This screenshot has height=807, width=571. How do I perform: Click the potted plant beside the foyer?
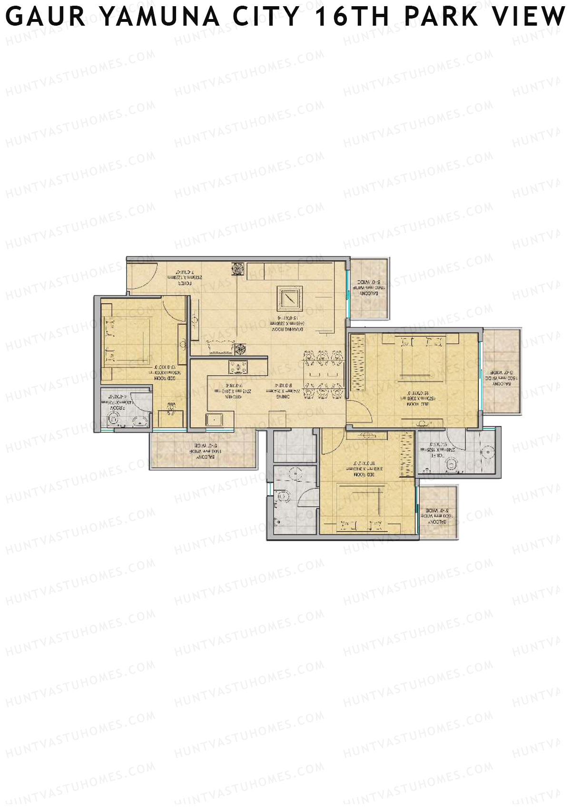click(236, 269)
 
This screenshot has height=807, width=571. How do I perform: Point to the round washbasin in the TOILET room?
click(489, 452)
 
